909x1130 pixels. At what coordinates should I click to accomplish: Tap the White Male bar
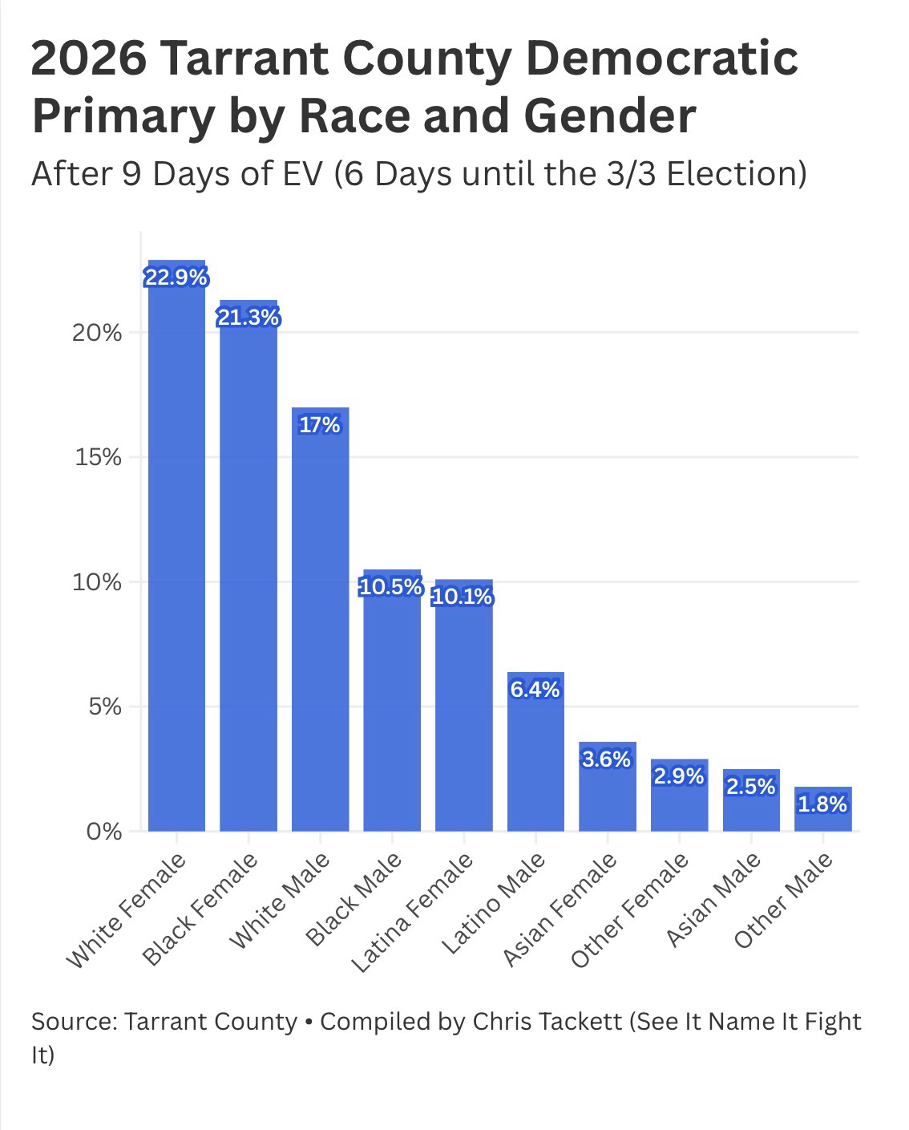(320, 626)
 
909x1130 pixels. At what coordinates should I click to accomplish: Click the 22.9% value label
(176, 277)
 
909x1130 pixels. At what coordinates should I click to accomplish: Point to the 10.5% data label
(391, 587)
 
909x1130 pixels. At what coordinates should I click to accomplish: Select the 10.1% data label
(463, 597)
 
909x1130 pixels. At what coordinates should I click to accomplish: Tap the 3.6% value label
(607, 759)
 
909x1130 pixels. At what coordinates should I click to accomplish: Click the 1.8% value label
(822, 804)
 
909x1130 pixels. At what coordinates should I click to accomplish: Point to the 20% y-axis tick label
(97, 334)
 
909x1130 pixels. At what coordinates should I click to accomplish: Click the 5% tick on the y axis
(105, 707)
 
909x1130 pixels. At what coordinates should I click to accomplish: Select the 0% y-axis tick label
(105, 832)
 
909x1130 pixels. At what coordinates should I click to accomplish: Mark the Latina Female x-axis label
(412, 913)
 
